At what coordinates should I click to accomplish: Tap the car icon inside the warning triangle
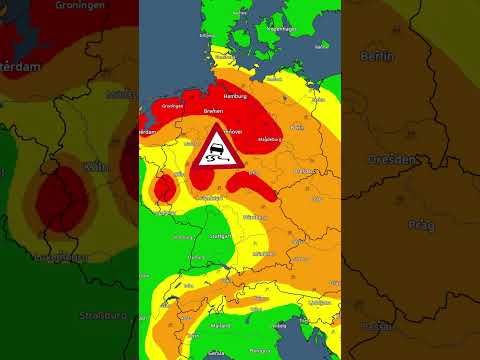[x=215, y=157]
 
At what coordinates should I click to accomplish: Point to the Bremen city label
[x=212, y=111]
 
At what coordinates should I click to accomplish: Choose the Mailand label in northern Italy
[x=222, y=325]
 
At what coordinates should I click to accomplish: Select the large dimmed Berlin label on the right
[x=379, y=57]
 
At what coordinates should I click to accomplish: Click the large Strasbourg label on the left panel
[x=104, y=316]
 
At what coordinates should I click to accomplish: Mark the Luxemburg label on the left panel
[x=62, y=257]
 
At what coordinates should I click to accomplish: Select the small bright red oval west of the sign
[x=164, y=187]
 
